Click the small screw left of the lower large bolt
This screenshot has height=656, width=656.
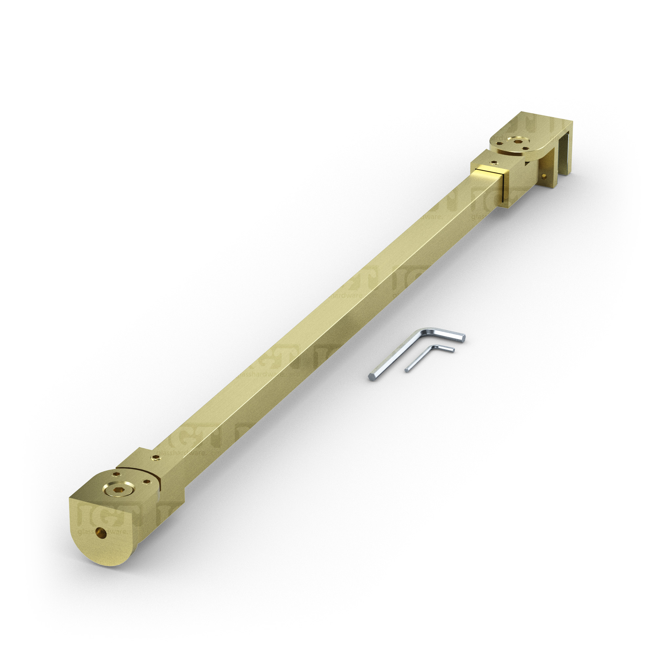pos(116,474)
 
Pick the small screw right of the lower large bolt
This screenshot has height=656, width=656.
pos(147,482)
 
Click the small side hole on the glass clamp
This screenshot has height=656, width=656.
pos(544,176)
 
